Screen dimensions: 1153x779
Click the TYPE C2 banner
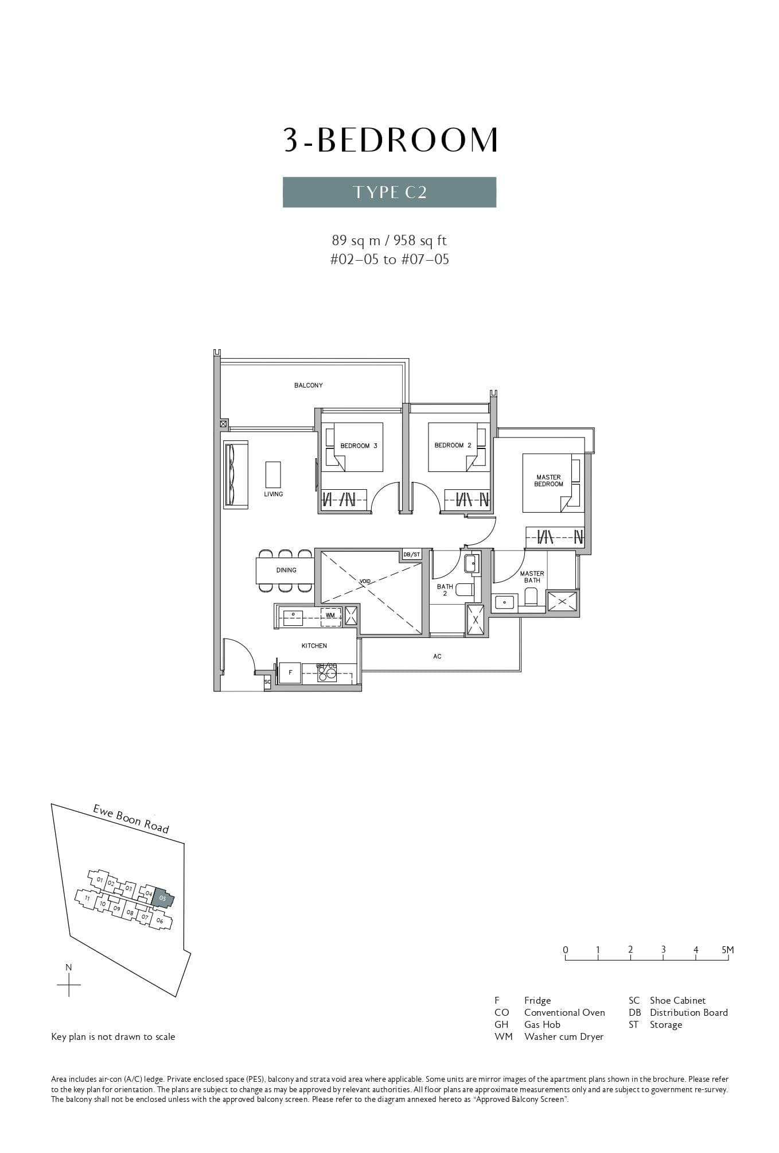point(389,192)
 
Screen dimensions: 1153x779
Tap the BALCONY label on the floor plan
point(308,385)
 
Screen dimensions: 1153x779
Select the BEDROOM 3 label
point(359,446)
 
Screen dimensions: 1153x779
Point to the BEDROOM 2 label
point(453,445)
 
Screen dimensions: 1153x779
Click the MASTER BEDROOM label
point(548,481)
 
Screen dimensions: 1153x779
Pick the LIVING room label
point(273,494)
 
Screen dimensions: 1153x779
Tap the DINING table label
point(286,570)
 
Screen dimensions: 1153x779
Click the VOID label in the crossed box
point(365,581)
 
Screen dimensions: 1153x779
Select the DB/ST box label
point(411,555)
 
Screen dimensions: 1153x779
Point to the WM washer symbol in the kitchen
point(330,615)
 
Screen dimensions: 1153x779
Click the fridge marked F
point(290,672)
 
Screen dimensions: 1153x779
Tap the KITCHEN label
point(314,646)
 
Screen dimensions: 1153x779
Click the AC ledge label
point(437,656)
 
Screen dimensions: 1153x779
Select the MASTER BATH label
point(532,576)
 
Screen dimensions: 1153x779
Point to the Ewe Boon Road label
point(131,819)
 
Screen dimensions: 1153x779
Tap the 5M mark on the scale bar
point(727,950)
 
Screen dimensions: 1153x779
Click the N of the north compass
point(69,968)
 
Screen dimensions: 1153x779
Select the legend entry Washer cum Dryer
point(563,1036)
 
